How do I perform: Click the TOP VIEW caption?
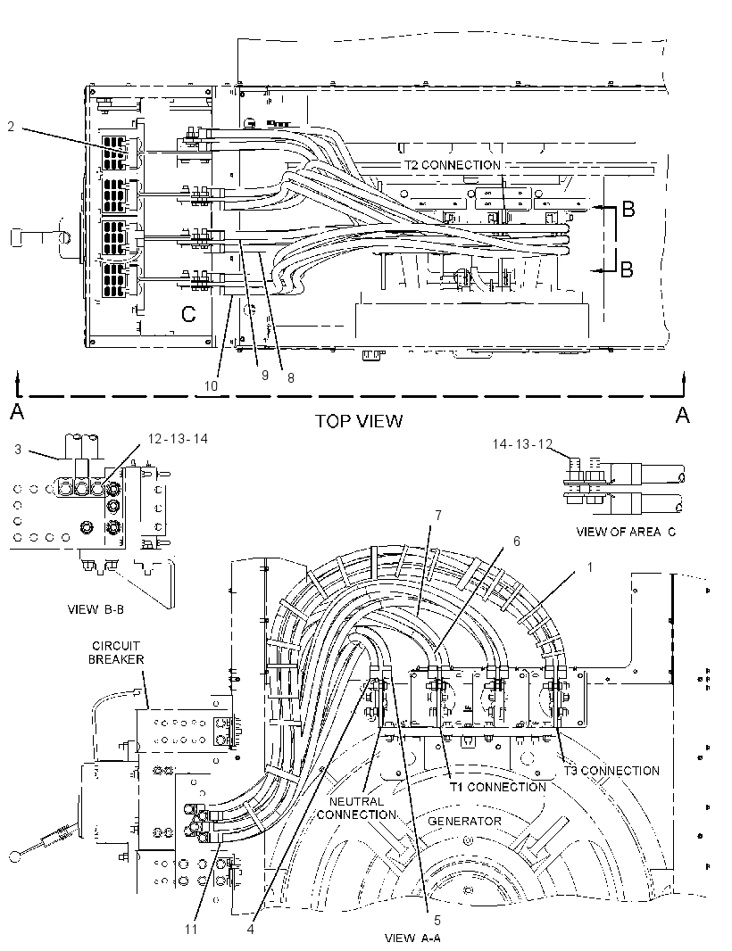359,421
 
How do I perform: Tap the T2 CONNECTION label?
453,165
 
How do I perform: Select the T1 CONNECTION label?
498,787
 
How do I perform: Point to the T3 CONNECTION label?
611,771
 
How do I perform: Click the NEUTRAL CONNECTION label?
356,808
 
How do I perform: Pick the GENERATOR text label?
465,822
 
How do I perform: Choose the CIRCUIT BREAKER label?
116,653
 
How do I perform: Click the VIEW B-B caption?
96,609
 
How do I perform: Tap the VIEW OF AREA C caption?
626,532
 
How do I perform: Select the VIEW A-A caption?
412,938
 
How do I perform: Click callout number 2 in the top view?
11,126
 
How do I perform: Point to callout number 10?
211,385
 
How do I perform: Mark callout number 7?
437,516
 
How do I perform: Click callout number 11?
191,929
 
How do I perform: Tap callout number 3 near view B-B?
18,450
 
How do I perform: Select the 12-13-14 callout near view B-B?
178,439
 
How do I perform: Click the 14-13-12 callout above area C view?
522,444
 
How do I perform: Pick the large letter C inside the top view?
189,314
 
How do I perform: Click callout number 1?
589,567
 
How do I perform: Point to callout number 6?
517,541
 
